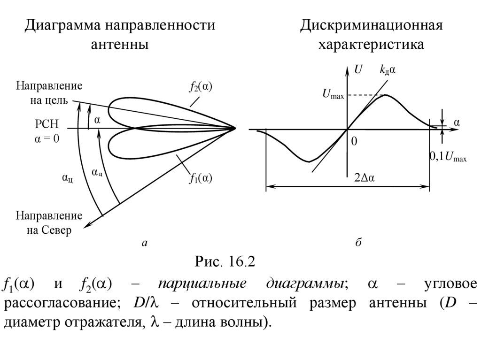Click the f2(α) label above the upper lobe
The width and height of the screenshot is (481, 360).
[201, 87]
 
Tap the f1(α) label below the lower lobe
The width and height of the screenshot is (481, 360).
[201, 178]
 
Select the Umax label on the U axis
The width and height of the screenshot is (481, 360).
[333, 95]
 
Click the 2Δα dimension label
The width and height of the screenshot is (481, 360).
[367, 178]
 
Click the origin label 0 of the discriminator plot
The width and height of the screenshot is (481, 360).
[354, 141]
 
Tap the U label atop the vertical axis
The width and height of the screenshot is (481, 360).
[358, 70]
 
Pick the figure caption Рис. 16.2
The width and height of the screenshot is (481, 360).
[225, 261]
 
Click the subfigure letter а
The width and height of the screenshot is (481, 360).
[145, 243]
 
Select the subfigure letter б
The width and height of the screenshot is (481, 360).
[357, 242]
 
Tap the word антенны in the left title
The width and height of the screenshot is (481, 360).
[120, 45]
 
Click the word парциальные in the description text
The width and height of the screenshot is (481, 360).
[202, 284]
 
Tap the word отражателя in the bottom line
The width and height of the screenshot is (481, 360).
[97, 323]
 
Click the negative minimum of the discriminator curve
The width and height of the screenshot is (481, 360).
[308, 161]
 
